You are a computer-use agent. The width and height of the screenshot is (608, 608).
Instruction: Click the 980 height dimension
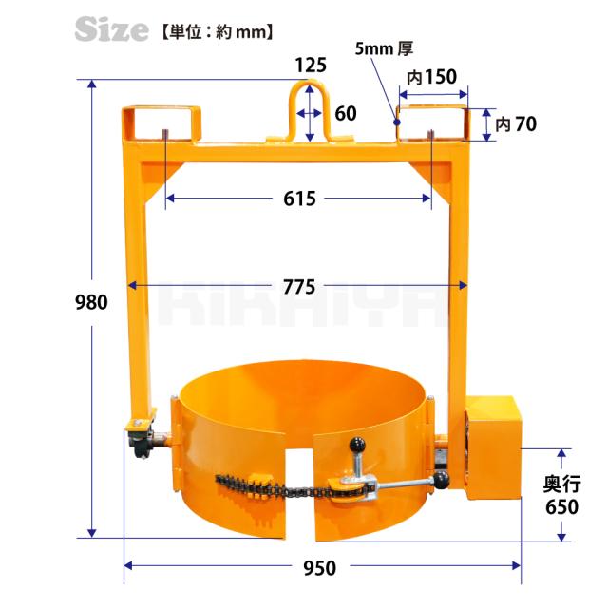(91, 302)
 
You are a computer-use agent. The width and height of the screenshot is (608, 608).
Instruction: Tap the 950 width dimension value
(320, 568)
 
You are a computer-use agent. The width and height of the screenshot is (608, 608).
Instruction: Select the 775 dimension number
(299, 287)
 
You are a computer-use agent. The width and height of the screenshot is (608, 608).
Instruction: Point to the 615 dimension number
(299, 199)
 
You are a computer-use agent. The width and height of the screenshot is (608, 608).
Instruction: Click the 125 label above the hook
(311, 66)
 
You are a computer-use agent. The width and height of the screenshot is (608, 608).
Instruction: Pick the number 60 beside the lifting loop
(346, 114)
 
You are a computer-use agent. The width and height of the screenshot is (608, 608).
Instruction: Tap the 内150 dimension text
(431, 77)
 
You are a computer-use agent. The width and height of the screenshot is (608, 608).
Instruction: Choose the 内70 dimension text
(516, 124)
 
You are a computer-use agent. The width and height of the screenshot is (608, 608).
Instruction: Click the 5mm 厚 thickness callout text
(384, 48)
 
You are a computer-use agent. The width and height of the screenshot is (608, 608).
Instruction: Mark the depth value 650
(561, 506)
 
